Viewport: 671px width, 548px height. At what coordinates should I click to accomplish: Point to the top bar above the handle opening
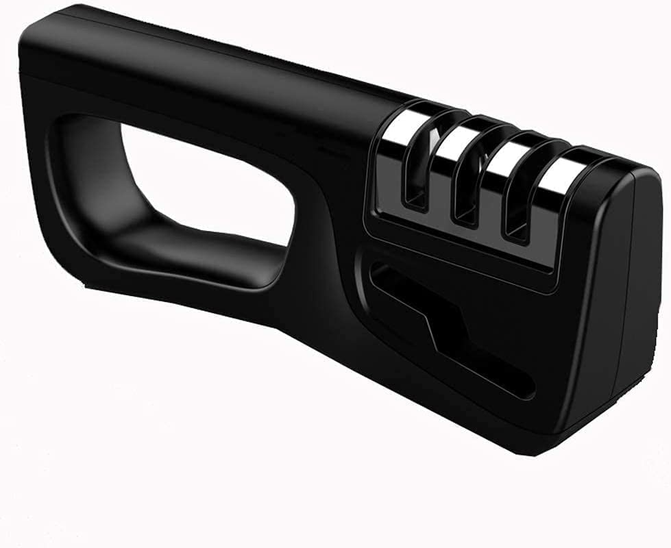click(x=206, y=89)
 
